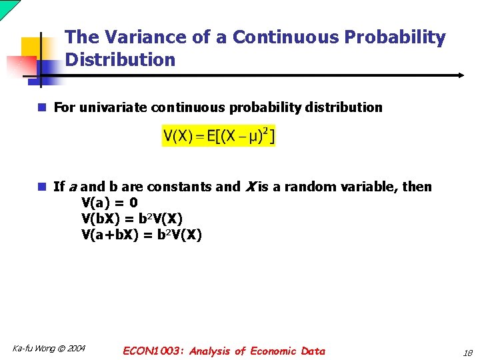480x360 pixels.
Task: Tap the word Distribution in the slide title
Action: (x=120, y=60)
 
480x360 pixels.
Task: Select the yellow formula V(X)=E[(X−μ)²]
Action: (x=219, y=137)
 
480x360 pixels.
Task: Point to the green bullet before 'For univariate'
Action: (x=42, y=107)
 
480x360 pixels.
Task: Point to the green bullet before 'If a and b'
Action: (x=42, y=187)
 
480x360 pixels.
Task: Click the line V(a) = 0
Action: (x=109, y=203)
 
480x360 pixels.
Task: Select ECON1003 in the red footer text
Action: (x=153, y=351)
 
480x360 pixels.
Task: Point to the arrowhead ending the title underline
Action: (x=460, y=75)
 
